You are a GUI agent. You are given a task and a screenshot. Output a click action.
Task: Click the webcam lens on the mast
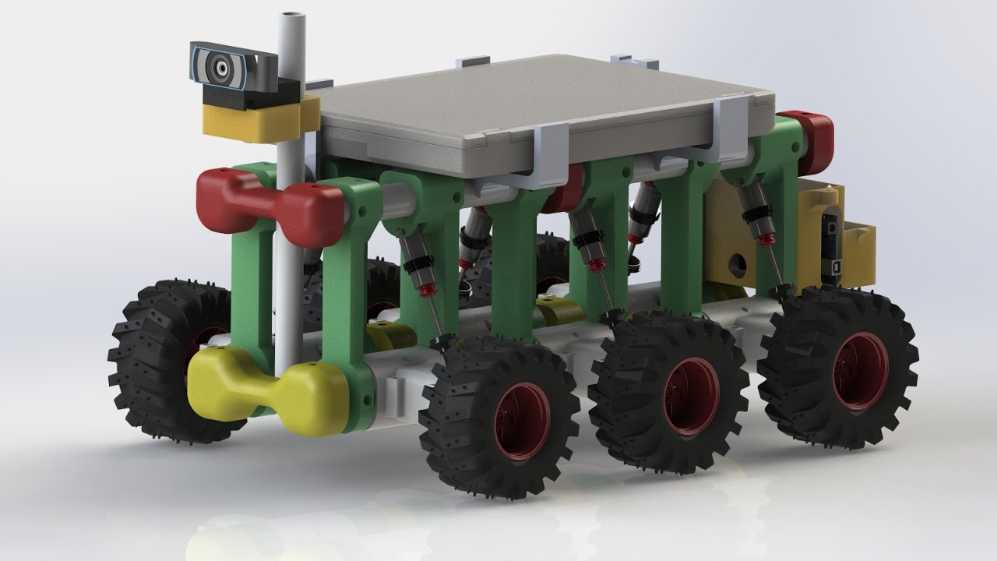click(x=219, y=67)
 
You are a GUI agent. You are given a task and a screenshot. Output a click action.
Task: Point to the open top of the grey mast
click(x=292, y=16)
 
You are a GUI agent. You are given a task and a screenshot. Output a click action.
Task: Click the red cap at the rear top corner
click(x=810, y=140)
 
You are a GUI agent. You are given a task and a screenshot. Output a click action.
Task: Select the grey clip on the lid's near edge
click(x=549, y=156)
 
